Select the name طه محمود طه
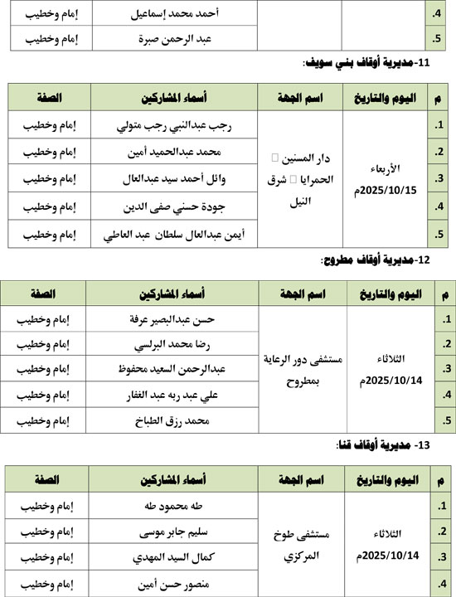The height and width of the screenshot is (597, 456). point(174,505)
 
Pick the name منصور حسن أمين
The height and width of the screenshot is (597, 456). point(174,583)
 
